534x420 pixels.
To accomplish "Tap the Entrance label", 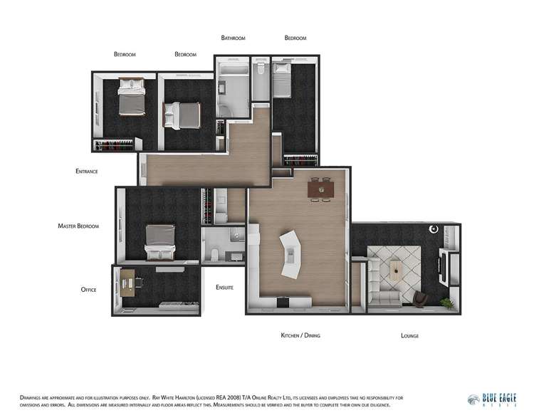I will [86, 172].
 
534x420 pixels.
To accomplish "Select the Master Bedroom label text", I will [78, 226].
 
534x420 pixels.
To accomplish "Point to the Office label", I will [88, 290].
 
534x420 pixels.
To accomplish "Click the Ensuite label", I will [225, 287].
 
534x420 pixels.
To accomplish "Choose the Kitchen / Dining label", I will [300, 335].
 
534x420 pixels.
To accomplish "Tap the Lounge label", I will [409, 335].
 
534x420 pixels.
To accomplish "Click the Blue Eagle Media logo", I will [491, 400].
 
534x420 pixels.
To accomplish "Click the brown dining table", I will [319, 189].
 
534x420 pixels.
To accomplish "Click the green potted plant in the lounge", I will [446, 303].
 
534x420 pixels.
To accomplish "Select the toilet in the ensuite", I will [216, 255].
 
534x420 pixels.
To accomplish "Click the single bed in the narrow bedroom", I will [282, 80].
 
